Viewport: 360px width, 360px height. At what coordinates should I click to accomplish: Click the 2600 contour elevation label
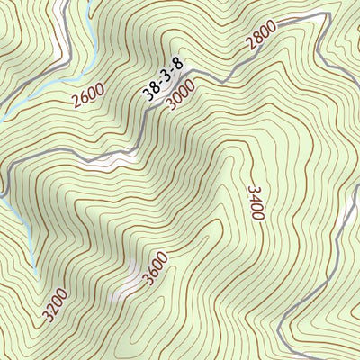click(x=89, y=94)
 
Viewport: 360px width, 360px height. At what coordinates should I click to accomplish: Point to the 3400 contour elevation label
click(x=255, y=203)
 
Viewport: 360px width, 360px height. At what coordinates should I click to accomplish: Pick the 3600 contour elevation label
click(x=156, y=267)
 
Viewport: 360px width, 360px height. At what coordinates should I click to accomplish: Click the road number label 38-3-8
click(x=163, y=76)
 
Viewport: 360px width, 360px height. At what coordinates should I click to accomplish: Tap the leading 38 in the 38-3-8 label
click(x=150, y=90)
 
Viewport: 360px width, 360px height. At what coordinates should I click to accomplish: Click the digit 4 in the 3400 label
click(x=255, y=199)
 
